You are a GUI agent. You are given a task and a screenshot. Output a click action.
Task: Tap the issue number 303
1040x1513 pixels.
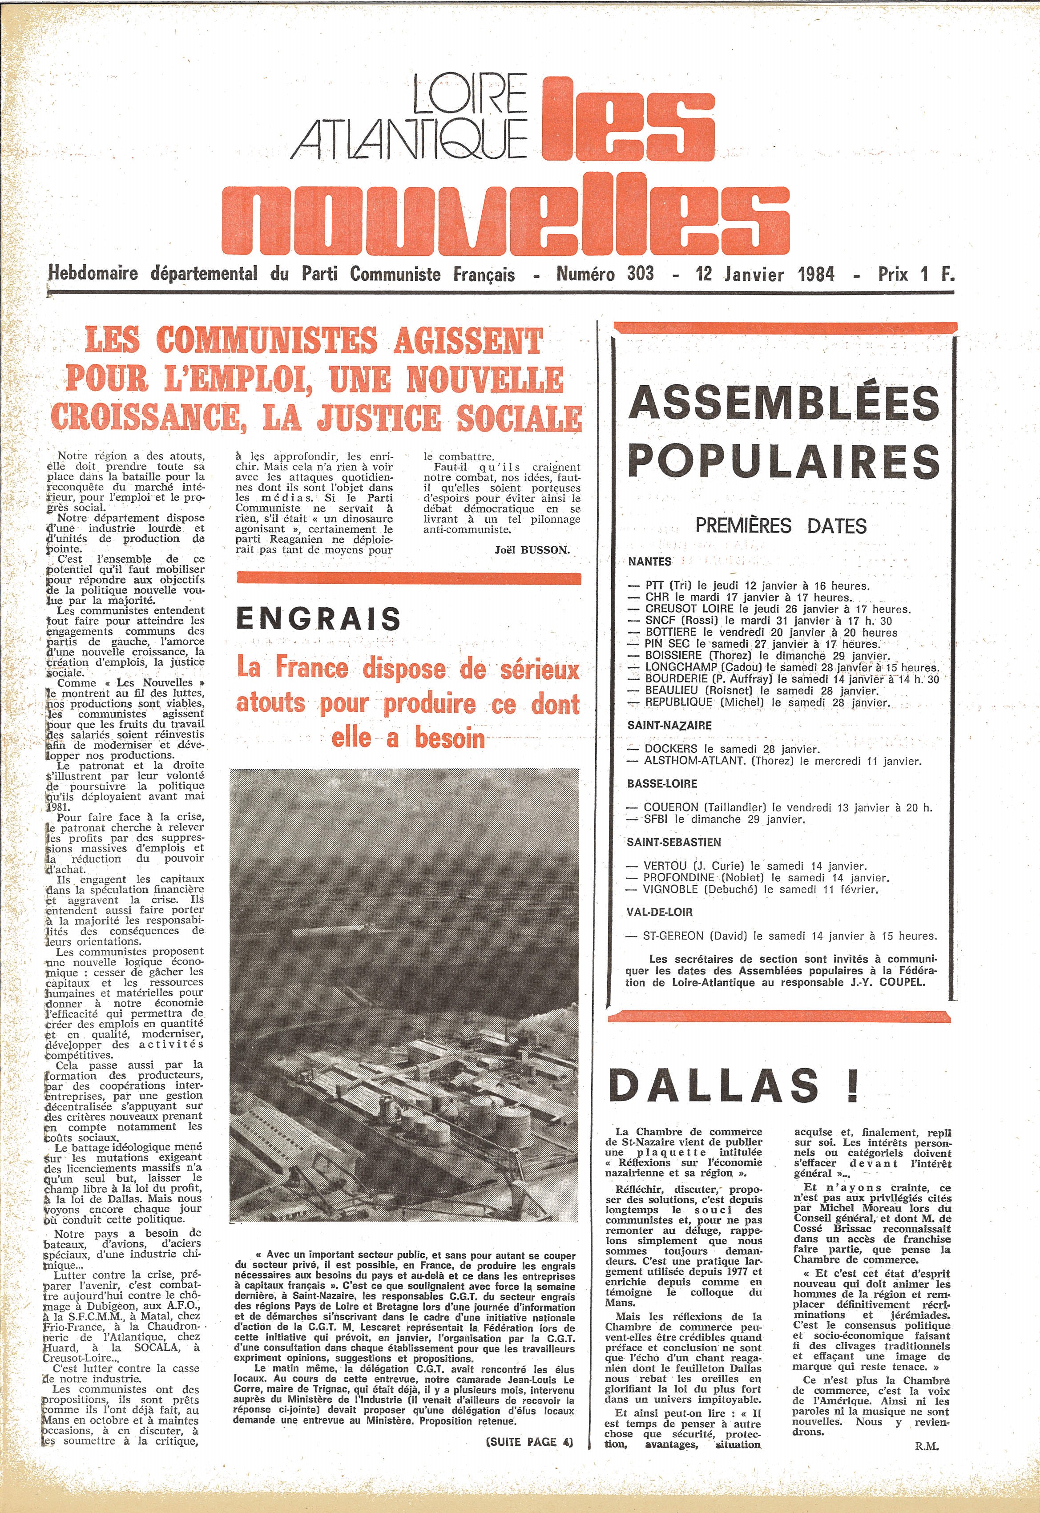pyautogui.click(x=640, y=274)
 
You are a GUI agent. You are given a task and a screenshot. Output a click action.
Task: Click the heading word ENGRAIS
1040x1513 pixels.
pyautogui.click(x=318, y=618)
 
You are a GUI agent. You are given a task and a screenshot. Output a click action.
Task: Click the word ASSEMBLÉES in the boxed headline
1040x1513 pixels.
pyautogui.click(x=784, y=403)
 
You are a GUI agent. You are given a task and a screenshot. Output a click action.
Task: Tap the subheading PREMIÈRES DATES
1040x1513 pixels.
pyautogui.click(x=781, y=525)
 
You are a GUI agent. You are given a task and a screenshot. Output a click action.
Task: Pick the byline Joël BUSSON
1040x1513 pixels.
pyautogui.click(x=532, y=550)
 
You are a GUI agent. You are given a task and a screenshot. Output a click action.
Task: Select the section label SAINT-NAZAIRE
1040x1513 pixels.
pyautogui.click(x=669, y=725)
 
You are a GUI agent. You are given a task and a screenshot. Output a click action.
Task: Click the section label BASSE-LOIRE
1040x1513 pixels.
pyautogui.click(x=662, y=784)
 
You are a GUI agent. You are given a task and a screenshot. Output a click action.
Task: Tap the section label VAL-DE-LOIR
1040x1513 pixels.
pyautogui.click(x=659, y=912)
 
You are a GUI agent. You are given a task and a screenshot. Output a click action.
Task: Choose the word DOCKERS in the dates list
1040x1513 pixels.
pyautogui.click(x=670, y=749)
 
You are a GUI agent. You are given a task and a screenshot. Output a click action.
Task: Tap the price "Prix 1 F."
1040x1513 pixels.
pyautogui.click(x=915, y=274)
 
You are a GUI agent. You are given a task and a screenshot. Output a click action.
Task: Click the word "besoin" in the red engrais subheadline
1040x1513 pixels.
pyautogui.click(x=450, y=738)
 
